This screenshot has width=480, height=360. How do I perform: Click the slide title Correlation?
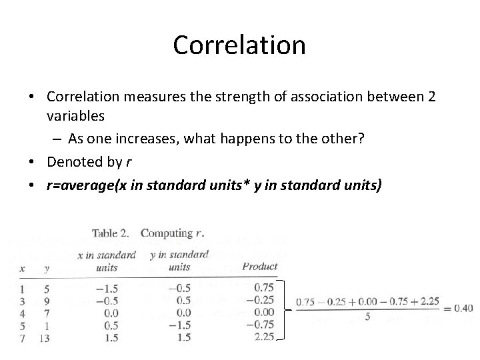[239, 45]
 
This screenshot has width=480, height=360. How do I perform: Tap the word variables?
[75, 116]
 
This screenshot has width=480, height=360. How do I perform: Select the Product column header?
[259, 267]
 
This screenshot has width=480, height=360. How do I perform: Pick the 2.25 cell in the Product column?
[263, 337]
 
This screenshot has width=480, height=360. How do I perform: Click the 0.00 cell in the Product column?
[263, 312]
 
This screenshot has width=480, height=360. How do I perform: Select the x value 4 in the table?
[23, 312]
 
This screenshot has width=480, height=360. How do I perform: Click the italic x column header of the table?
[23, 268]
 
